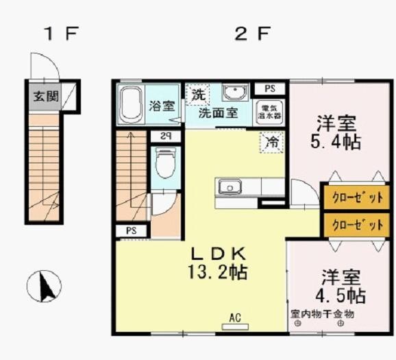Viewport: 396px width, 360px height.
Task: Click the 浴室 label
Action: point(162,106)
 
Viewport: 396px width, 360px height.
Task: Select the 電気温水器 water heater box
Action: point(269,112)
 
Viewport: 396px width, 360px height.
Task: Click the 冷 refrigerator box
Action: point(272,143)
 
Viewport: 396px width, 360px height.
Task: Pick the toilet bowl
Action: point(165,164)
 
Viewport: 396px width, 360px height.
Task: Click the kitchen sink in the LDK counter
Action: point(229,186)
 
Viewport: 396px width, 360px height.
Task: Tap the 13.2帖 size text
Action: point(217,272)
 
